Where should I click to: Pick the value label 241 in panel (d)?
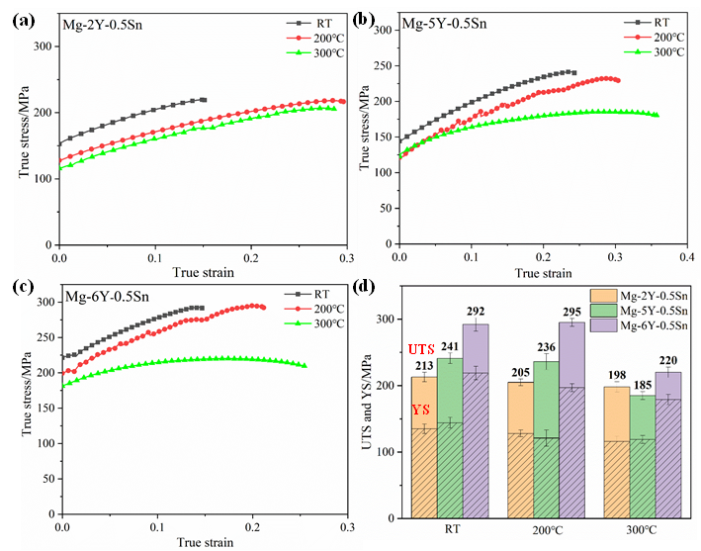coord(450,347)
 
